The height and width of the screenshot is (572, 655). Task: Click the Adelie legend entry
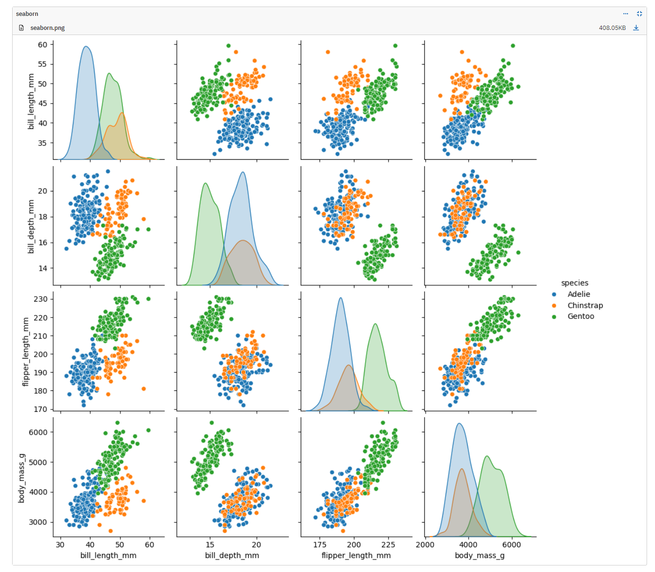click(578, 294)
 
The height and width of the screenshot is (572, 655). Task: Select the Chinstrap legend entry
click(585, 305)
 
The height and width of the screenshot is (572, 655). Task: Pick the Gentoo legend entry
click(580, 316)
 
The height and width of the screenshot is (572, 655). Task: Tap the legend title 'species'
click(574, 283)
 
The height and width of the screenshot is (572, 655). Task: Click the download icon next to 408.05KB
click(636, 28)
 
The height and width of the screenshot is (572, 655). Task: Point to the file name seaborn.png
click(47, 28)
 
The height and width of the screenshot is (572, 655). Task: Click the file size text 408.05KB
click(612, 28)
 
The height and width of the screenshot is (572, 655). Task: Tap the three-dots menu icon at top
click(626, 14)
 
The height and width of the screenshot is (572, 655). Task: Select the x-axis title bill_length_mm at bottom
click(108, 555)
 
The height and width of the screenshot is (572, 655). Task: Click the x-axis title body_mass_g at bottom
click(479, 555)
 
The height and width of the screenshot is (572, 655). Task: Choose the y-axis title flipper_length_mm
click(26, 352)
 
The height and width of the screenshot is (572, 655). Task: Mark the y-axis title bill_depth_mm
click(31, 226)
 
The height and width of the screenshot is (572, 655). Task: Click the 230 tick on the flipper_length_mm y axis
click(41, 299)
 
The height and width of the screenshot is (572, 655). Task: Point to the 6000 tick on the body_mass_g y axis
click(38, 432)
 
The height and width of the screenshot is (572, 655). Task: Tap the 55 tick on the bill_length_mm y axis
click(42, 64)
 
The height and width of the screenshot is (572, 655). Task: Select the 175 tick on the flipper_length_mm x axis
click(320, 544)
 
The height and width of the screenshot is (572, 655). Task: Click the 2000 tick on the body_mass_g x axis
click(425, 544)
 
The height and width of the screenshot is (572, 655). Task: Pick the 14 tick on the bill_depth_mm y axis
click(43, 268)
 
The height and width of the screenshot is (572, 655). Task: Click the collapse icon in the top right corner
click(640, 14)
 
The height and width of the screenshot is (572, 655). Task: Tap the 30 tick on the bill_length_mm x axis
click(60, 544)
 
